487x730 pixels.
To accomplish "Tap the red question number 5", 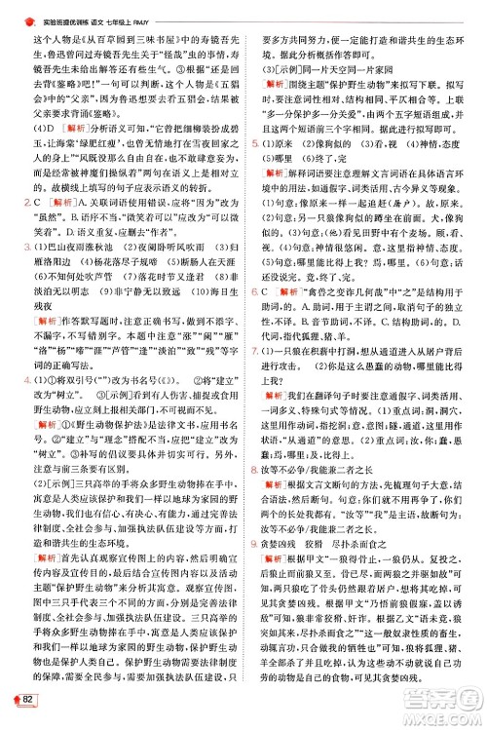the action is click(254, 142).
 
